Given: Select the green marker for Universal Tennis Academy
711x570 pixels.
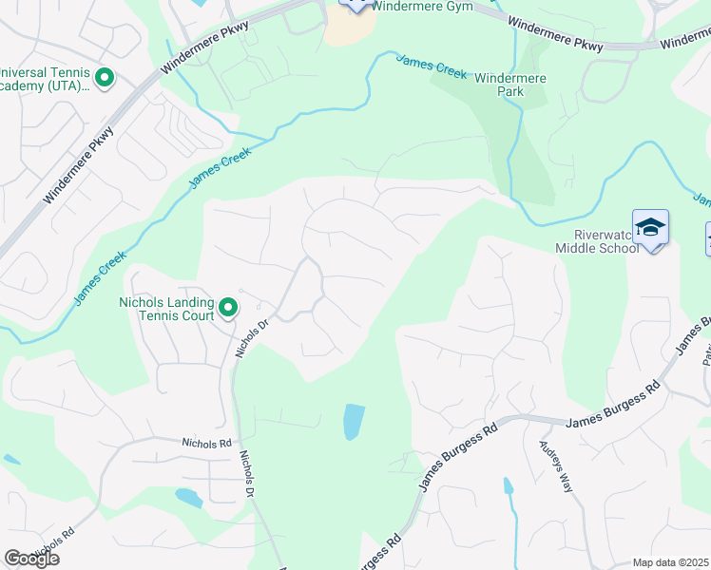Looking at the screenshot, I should coord(105,78).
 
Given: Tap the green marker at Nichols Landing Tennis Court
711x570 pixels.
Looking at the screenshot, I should coord(228,308).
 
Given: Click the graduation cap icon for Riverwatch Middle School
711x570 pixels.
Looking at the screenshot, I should coord(650,227).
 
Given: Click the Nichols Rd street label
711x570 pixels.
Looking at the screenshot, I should coord(206,443).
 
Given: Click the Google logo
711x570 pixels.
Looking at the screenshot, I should coord(31,559).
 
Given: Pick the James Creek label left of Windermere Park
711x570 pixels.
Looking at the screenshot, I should coord(431,66).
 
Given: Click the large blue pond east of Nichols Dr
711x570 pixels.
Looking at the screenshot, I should coord(353,422).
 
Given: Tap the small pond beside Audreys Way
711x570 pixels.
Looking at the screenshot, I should coord(509,487).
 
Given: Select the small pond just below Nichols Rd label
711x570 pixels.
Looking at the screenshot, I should coord(188,497).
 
